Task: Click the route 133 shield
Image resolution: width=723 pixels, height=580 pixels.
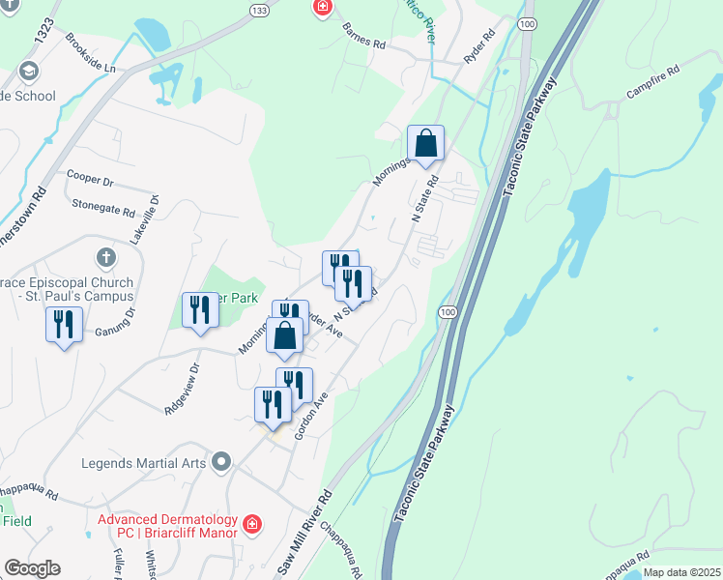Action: pyautogui.click(x=257, y=9)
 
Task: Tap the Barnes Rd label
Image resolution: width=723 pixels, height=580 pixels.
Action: pyautogui.click(x=363, y=36)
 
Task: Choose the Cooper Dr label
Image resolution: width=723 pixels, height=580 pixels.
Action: pyautogui.click(x=90, y=181)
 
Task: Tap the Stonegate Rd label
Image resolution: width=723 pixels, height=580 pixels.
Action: pyautogui.click(x=102, y=205)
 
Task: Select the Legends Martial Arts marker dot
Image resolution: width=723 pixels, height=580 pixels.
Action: pyautogui.click(x=221, y=462)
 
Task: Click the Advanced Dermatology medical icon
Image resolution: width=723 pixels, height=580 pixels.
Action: pyautogui.click(x=252, y=523)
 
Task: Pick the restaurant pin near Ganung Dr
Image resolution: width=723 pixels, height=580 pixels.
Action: pyautogui.click(x=64, y=325)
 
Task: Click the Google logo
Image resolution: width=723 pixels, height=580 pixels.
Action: pyautogui.click(x=31, y=568)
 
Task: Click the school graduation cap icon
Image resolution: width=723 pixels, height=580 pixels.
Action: pyautogui.click(x=28, y=72)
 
